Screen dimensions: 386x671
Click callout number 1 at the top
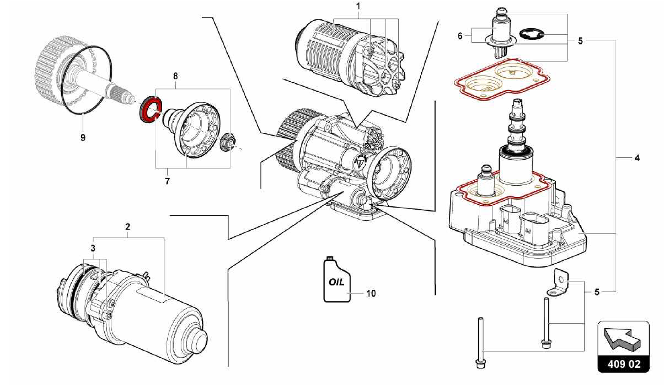[x=358, y=6]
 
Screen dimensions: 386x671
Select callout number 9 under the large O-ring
[x=83, y=137]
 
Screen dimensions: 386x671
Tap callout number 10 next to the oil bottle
[x=371, y=293]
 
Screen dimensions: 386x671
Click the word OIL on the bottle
[x=336, y=282]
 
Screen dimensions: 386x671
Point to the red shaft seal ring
[x=150, y=109]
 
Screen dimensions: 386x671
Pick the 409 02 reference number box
[x=623, y=364]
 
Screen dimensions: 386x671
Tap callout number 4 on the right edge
[x=637, y=158]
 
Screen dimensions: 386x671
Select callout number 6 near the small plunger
[x=460, y=36]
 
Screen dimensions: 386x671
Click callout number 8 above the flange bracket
[x=176, y=76]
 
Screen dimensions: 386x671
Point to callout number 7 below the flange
[x=167, y=181]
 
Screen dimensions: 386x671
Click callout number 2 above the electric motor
[x=127, y=227]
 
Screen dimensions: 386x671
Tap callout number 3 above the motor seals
[x=93, y=248]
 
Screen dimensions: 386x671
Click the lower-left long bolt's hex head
[x=480, y=363]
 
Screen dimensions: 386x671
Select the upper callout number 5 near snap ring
[x=580, y=41]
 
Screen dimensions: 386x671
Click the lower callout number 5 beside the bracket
[x=597, y=292]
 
